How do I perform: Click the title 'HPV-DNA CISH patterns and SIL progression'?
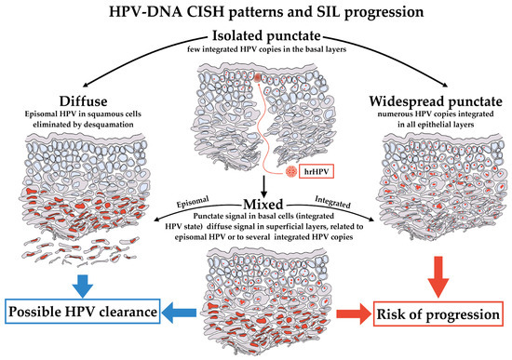coord(257,13)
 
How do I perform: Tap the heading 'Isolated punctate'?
coord(256,35)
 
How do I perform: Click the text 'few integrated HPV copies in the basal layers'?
coord(256,48)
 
